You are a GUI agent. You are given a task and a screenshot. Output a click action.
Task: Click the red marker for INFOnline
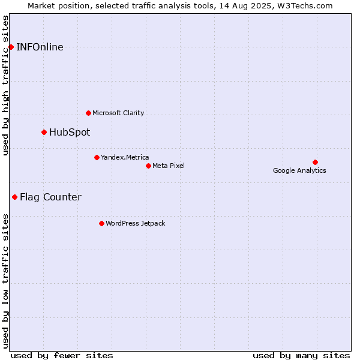pos(11,47)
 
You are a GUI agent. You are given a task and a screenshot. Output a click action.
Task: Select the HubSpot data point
pos(44,132)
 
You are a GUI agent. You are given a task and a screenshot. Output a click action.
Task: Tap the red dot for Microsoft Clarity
pos(88,113)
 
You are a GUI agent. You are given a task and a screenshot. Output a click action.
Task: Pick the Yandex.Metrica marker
pos(97,157)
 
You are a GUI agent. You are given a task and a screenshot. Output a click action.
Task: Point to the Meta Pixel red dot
pos(149,166)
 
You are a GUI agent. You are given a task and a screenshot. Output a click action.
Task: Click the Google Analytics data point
pos(315,163)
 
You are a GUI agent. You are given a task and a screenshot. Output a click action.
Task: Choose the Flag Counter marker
pos(14,197)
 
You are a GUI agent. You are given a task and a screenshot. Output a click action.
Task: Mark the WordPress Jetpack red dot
pos(102,223)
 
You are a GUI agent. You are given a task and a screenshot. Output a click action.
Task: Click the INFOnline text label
pos(40,47)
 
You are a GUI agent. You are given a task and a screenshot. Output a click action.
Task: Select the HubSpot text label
pos(70,133)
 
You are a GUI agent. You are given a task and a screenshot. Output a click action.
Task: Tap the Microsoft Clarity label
pos(118,113)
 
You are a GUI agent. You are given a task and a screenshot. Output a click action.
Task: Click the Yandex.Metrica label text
pos(125,157)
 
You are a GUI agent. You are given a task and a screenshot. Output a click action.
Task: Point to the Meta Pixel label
pos(169,166)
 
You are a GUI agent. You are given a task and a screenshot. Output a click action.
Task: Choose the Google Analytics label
pos(299,170)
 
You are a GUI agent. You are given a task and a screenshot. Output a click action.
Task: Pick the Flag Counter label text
pos(51,197)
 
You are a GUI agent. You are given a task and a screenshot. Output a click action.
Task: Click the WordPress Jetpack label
pos(136,223)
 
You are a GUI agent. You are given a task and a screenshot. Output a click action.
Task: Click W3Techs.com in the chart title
pos(305,6)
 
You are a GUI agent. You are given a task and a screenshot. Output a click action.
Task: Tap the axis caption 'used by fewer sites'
pos(62,356)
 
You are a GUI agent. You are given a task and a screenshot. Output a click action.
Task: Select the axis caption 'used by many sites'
pos(301,356)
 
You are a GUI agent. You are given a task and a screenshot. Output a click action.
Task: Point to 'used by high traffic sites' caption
pos(5,85)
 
